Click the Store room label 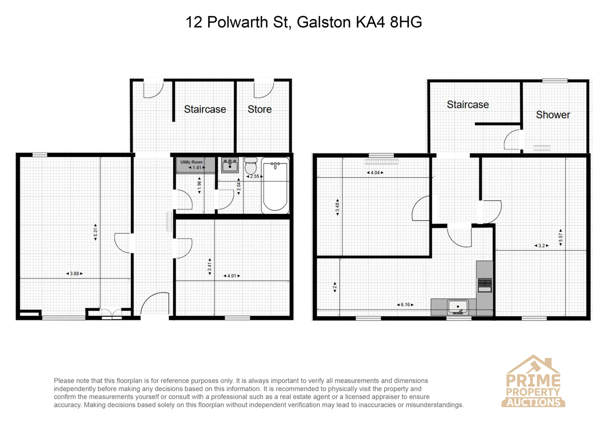(x=260, y=109)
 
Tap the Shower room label (x=553, y=115)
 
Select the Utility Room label (x=191, y=162)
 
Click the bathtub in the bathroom (x=275, y=186)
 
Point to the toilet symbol (x=251, y=166)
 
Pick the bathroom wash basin (x=230, y=165)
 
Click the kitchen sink (x=458, y=307)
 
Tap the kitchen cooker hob (x=484, y=282)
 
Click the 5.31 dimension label (x=95, y=232)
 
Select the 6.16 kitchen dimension (x=405, y=305)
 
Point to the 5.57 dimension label (x=561, y=237)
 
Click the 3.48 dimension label (x=337, y=207)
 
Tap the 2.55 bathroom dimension (x=255, y=176)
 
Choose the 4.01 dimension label (x=232, y=276)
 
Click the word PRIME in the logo (x=533, y=380)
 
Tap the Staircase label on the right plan (x=468, y=104)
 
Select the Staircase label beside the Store (x=205, y=109)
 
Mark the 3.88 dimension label (x=74, y=274)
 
